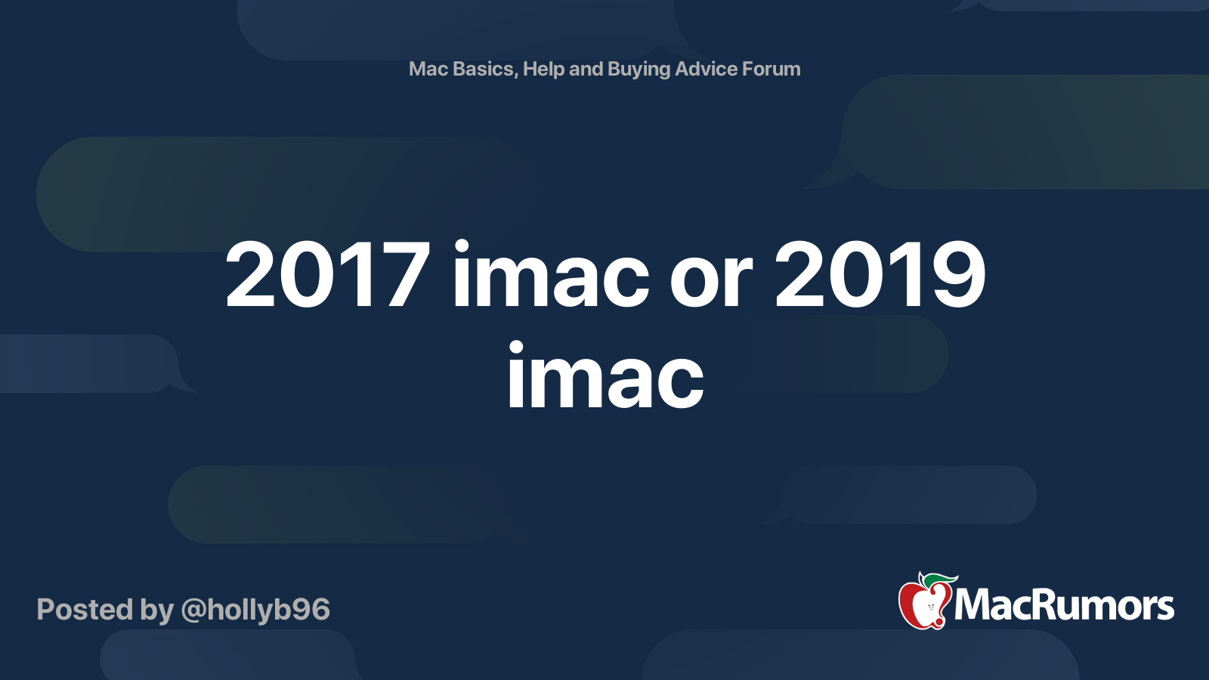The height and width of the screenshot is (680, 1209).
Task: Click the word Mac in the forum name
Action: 428,69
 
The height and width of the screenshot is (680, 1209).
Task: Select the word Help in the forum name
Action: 544,70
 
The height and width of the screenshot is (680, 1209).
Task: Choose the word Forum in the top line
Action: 771,69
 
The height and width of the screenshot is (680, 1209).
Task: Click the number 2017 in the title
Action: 328,275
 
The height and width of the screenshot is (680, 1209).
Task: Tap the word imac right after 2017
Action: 551,275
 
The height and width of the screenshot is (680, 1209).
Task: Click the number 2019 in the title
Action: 880,275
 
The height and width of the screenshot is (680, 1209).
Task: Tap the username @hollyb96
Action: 255,610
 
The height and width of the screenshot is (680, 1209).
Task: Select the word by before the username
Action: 156,610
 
